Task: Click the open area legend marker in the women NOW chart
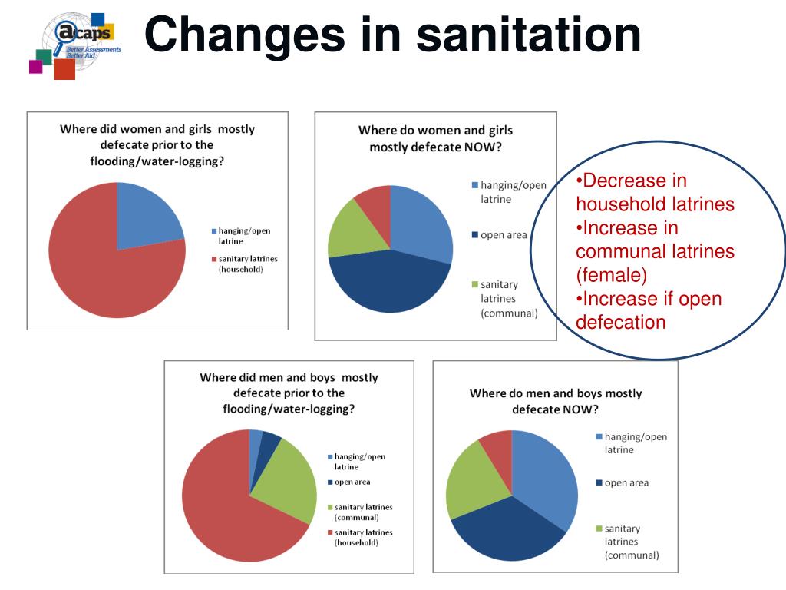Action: click(474, 235)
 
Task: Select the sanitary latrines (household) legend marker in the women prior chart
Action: click(214, 260)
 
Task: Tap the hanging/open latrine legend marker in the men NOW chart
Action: click(599, 437)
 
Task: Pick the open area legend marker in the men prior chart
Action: click(330, 482)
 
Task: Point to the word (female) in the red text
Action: click(612, 274)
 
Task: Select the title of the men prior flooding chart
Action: click(289, 393)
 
